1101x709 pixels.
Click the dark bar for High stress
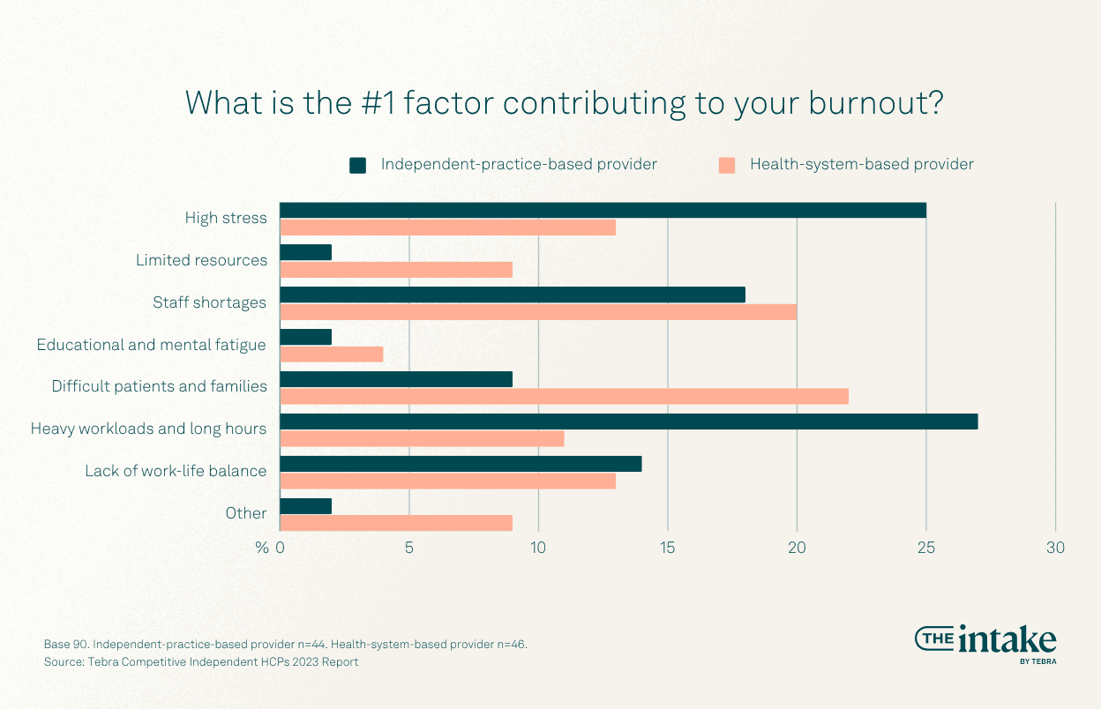click(x=603, y=210)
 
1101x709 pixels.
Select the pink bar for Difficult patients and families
click(x=564, y=397)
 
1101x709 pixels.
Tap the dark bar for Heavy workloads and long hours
click(x=628, y=422)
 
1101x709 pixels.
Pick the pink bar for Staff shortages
click(x=538, y=312)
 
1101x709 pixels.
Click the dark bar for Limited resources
click(x=306, y=252)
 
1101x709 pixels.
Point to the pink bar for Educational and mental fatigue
click(x=332, y=354)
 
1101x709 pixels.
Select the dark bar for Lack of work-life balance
click(x=461, y=464)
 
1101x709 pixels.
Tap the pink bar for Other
click(x=396, y=523)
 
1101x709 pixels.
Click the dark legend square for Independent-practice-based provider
click(x=357, y=165)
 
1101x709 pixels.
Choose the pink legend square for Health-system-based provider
click(x=727, y=165)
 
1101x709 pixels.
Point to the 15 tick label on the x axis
click(x=667, y=548)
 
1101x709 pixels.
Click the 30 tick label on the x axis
click(x=1055, y=548)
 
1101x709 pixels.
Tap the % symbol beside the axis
click(x=262, y=548)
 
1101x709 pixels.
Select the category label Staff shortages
click(x=209, y=302)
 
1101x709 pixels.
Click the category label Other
click(x=246, y=513)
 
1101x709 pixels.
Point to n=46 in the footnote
click(x=507, y=644)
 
